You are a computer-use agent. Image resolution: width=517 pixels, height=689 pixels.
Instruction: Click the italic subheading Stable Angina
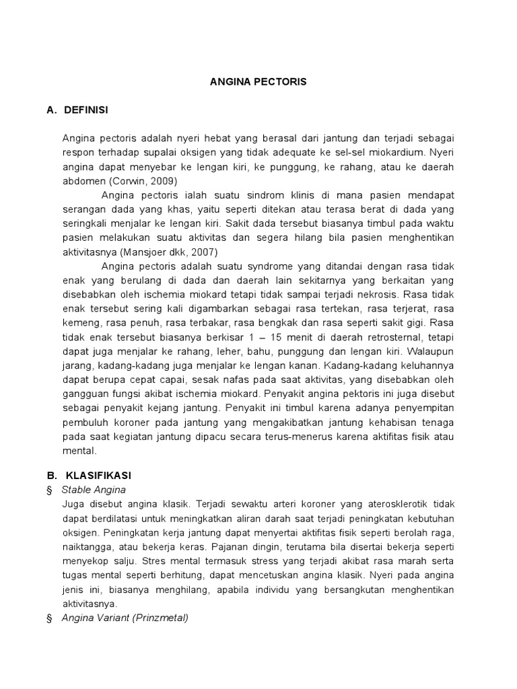pyautogui.click(x=94, y=489)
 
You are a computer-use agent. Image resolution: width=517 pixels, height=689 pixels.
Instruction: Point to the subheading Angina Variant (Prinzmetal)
pyautogui.click(x=125, y=618)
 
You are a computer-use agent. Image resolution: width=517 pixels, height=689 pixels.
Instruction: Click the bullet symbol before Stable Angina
pyautogui.click(x=49, y=490)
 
